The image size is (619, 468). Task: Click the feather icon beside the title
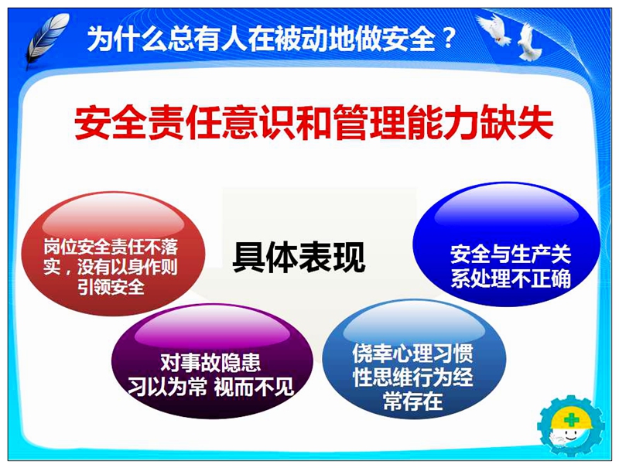point(46,39)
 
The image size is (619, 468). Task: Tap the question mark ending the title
point(448,38)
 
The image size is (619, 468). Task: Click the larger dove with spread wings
point(494,29)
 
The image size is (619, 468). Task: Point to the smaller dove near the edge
point(528,42)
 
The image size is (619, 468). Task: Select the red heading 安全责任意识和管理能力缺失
point(314,122)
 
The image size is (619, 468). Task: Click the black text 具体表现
point(299,257)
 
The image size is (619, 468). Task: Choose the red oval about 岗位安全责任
point(113,253)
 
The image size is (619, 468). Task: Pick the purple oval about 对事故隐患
point(212,360)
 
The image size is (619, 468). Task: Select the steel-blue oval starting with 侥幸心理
point(414,359)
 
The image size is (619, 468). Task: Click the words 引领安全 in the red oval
point(111,286)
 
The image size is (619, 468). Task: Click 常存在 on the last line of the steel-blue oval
point(413,401)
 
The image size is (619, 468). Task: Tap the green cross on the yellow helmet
point(570,420)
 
